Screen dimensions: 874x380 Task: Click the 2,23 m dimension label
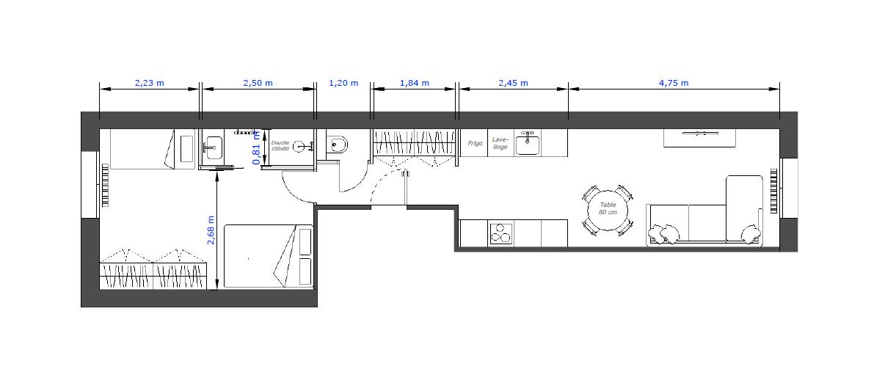click(x=150, y=83)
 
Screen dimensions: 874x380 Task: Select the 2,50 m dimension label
click(x=258, y=83)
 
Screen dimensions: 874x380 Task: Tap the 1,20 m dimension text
click(x=343, y=83)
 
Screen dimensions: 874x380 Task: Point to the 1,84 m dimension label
click(x=415, y=83)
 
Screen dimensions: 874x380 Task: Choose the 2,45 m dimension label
click(x=513, y=83)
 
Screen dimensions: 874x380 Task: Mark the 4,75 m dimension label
click(x=674, y=83)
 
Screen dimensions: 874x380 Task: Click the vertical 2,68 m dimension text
click(x=211, y=230)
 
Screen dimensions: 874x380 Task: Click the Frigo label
click(x=475, y=143)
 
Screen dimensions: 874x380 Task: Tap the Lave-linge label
click(x=500, y=143)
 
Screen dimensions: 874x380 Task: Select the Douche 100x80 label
click(x=280, y=145)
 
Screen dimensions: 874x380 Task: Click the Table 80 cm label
click(x=608, y=208)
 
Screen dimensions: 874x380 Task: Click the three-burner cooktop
click(x=501, y=233)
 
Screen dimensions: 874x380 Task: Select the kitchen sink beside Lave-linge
click(x=527, y=143)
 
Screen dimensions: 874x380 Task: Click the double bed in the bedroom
click(x=268, y=256)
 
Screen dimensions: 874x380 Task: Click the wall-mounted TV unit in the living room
click(x=699, y=138)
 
